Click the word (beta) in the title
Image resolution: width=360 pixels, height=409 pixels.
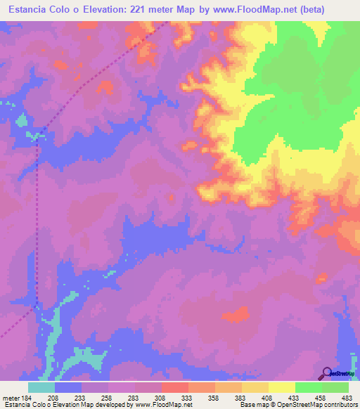[x=334, y=11]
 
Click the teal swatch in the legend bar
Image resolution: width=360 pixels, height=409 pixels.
[x=41, y=387]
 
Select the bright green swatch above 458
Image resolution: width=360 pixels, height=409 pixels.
[x=309, y=387]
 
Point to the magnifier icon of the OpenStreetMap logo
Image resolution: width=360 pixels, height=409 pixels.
[x=326, y=373]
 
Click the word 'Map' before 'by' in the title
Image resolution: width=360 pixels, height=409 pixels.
[x=200, y=11]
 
